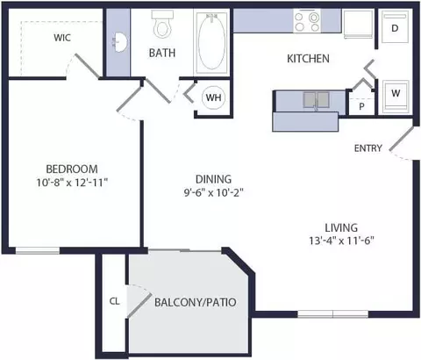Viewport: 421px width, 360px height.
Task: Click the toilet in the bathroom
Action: click(162, 24)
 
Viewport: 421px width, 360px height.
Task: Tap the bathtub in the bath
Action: click(212, 42)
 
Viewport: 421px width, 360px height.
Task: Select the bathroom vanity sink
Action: click(120, 42)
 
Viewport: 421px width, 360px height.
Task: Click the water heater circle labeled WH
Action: click(213, 97)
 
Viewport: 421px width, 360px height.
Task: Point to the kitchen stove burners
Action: click(307, 21)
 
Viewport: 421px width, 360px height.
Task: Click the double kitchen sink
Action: click(316, 100)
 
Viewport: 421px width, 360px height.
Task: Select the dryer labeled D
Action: click(395, 27)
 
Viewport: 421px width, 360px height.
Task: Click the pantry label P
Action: click(361, 106)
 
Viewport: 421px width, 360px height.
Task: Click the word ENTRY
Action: click(368, 148)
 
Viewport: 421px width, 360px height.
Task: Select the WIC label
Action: click(62, 38)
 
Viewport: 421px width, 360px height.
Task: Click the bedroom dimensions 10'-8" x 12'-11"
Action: click(72, 183)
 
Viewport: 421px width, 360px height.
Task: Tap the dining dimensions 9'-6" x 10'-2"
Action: click(213, 192)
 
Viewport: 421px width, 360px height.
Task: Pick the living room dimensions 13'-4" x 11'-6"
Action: click(342, 241)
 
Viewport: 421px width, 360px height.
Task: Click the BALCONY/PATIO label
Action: click(196, 302)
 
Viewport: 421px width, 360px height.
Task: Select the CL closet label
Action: click(114, 301)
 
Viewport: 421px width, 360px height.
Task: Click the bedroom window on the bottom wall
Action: click(38, 250)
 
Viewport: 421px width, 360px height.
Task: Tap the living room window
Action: click(332, 314)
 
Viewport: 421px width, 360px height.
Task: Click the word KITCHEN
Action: click(308, 59)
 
